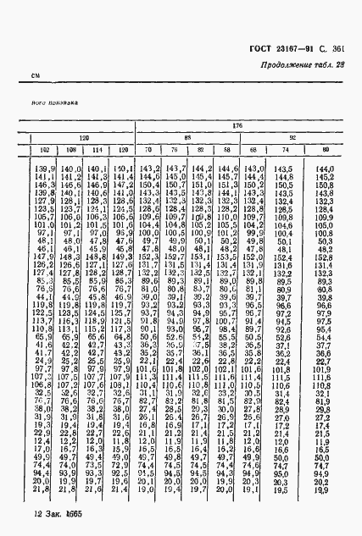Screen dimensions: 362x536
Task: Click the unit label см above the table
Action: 36,77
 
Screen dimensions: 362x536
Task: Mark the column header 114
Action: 97,150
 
